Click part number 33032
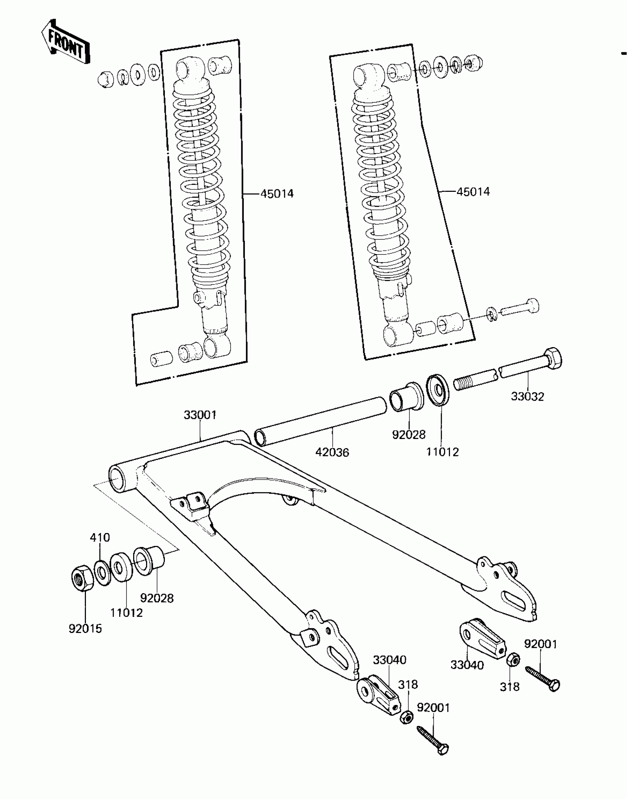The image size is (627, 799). click(x=527, y=397)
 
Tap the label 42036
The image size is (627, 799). click(x=332, y=452)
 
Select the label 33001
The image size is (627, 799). click(x=200, y=415)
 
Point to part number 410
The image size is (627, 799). click(x=100, y=537)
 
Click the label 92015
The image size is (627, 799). click(x=85, y=629)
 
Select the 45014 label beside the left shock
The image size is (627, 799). click(x=277, y=194)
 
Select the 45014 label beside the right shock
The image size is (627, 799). click(x=473, y=192)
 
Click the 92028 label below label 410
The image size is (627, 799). click(x=157, y=598)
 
